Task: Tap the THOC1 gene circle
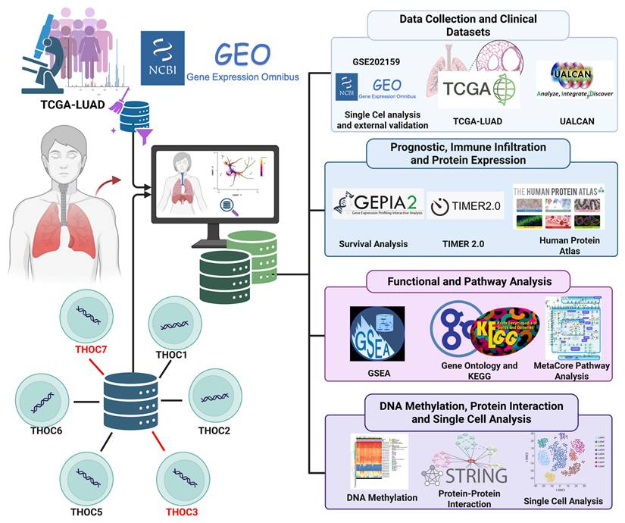(x=175, y=322)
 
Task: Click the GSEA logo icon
(x=377, y=332)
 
